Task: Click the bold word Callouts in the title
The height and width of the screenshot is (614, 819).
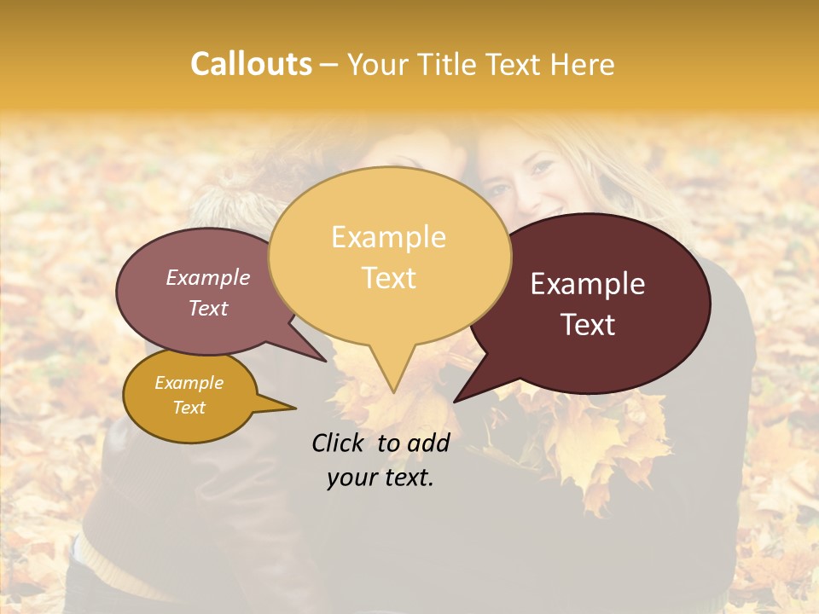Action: pos(251,64)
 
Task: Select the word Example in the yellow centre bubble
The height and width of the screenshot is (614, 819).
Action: pos(388,237)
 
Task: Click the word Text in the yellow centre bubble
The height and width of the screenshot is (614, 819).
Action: pos(388,278)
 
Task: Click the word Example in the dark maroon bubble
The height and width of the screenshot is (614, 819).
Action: pos(588,284)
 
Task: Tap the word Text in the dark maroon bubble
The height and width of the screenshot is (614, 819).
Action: pos(588,325)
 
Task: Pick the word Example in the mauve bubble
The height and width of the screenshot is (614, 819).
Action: pos(208,277)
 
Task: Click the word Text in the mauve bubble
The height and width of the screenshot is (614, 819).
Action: pos(208,308)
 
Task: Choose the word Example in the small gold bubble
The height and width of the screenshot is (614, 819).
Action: pos(189,383)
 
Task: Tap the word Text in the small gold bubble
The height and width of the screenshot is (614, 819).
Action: pos(189,408)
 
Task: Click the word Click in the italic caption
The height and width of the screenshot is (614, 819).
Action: pos(340,443)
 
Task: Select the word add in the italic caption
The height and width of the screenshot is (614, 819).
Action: pos(428,443)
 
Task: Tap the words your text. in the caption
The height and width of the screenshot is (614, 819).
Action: pos(380,478)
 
